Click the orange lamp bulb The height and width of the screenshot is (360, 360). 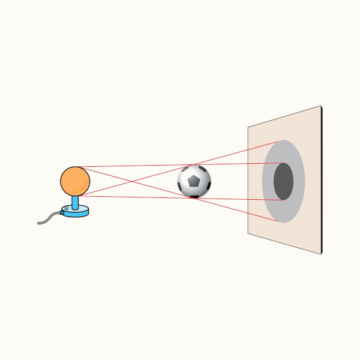pos(75,181)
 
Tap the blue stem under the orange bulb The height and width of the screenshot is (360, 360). pos(76,202)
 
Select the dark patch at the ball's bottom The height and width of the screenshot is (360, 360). pos(194,196)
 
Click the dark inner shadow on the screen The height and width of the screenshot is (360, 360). pos(283,181)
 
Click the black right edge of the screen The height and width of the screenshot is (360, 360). pos(322,180)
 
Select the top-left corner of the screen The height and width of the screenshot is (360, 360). pos(248,127)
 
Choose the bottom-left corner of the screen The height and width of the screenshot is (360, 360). pos(248,233)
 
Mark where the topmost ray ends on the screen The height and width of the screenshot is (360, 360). pos(279,142)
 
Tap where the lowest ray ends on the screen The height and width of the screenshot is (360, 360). pos(279,221)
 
